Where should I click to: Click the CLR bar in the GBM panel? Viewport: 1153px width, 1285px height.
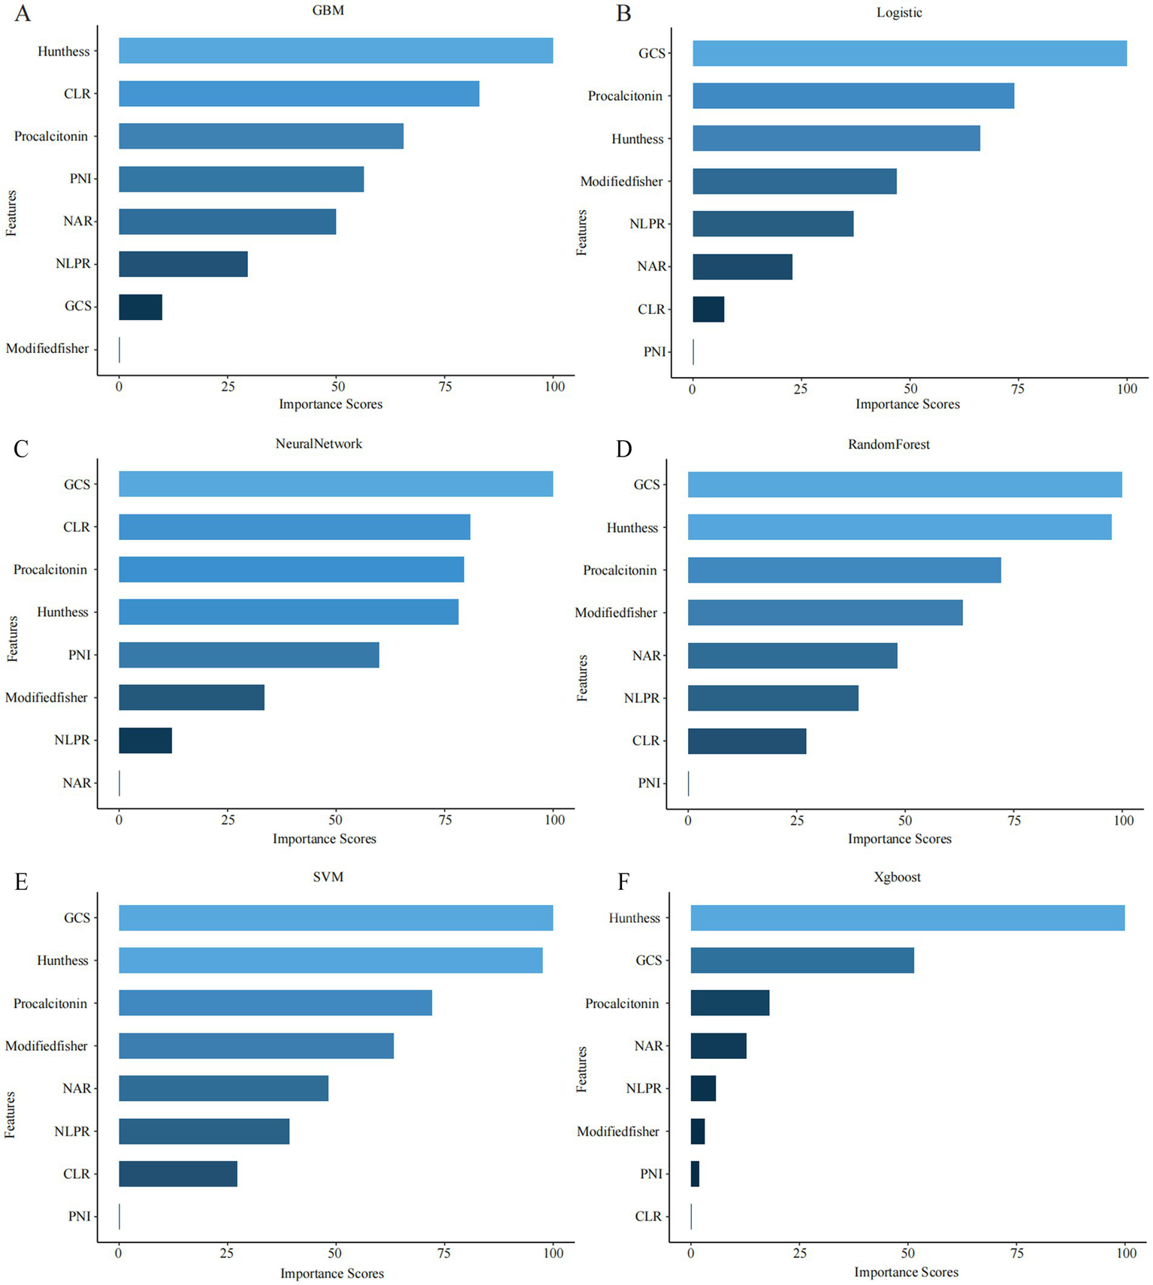[x=299, y=94]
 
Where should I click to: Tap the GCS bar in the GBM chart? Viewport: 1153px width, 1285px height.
[x=140, y=307]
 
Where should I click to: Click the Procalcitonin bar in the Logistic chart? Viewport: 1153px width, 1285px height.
[x=853, y=96]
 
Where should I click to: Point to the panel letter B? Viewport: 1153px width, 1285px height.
[x=623, y=14]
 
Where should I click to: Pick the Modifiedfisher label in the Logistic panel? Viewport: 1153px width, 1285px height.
[x=621, y=182]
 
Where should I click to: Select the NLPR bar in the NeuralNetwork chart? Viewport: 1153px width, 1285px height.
[x=145, y=741]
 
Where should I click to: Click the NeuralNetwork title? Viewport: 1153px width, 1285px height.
[x=318, y=444]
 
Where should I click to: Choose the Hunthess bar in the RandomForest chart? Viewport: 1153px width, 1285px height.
[x=899, y=528]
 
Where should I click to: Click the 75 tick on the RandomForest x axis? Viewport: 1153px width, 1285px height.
[x=1014, y=821]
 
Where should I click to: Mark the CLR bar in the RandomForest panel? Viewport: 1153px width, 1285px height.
[x=747, y=741]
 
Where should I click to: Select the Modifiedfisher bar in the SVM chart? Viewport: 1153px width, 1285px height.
[x=256, y=1046]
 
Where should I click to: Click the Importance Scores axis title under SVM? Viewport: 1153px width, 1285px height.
[x=332, y=1274]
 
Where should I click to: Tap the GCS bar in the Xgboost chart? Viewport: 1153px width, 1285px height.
[x=802, y=961]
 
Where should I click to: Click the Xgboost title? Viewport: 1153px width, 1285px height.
[x=897, y=877]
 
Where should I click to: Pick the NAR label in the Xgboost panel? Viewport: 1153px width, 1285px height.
[x=648, y=1046]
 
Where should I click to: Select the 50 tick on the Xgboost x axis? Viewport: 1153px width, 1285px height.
[x=908, y=1253]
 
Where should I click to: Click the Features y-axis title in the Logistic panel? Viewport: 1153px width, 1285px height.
[x=582, y=233]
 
